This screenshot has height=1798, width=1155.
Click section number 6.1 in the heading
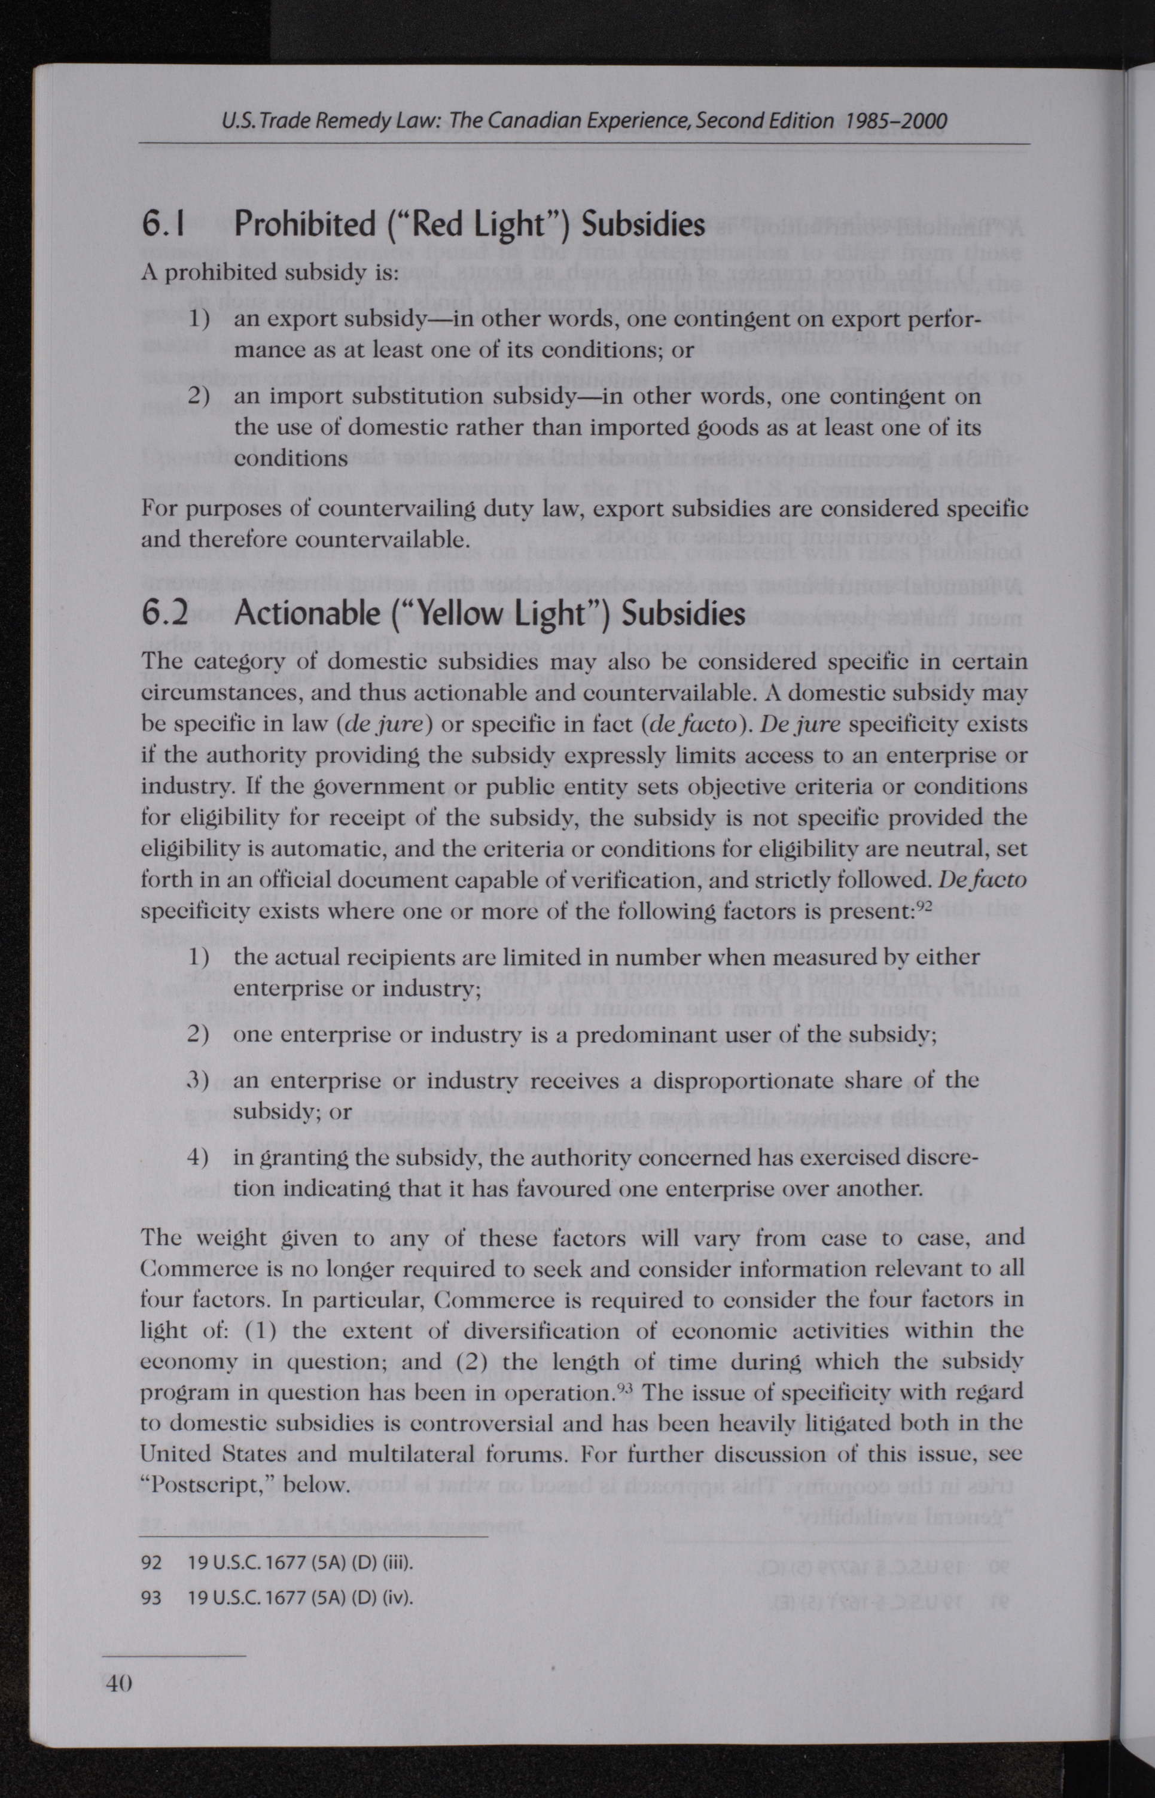[x=163, y=224]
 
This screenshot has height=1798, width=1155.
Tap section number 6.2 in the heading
[x=165, y=613]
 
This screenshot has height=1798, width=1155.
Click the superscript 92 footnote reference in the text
[x=924, y=905]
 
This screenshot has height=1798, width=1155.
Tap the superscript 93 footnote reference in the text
[x=624, y=1386]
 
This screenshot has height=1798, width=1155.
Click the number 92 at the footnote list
[x=151, y=1563]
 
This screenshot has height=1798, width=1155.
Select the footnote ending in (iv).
[x=300, y=1598]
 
